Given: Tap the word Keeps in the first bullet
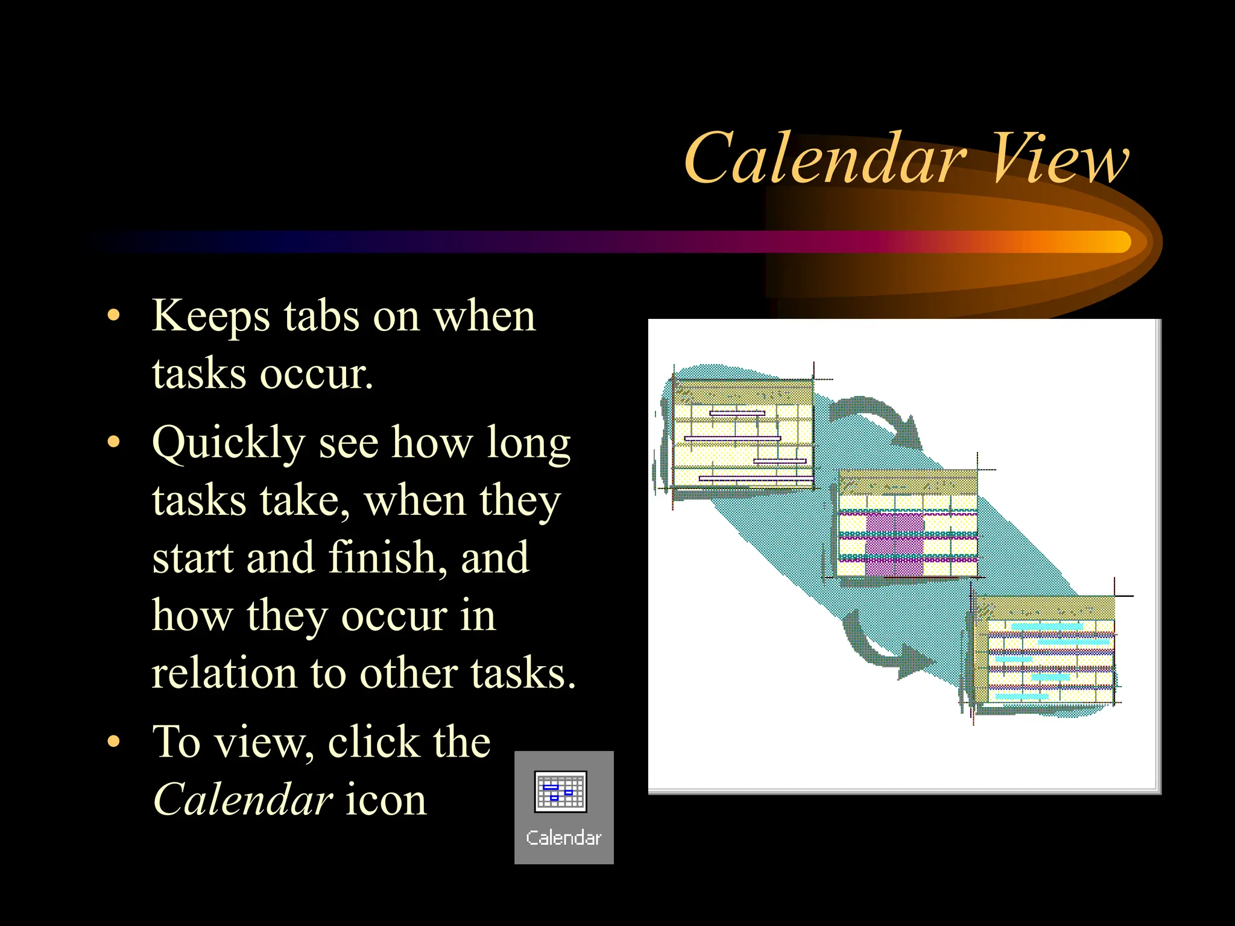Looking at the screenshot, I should (x=210, y=317).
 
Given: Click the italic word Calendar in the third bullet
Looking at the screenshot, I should (x=242, y=800).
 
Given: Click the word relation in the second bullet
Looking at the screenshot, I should (x=223, y=673).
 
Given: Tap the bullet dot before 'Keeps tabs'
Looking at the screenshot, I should (x=113, y=316).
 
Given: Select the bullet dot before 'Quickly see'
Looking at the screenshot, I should (x=113, y=443).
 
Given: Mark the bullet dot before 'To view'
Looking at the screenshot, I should (x=113, y=742).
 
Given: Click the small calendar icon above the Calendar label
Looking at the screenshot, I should (x=560, y=792).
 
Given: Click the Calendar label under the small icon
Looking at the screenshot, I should (x=563, y=838).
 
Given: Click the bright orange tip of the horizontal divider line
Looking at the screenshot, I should (x=1116, y=242).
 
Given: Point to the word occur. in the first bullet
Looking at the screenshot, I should (x=317, y=374).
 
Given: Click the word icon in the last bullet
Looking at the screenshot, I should (x=386, y=800).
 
